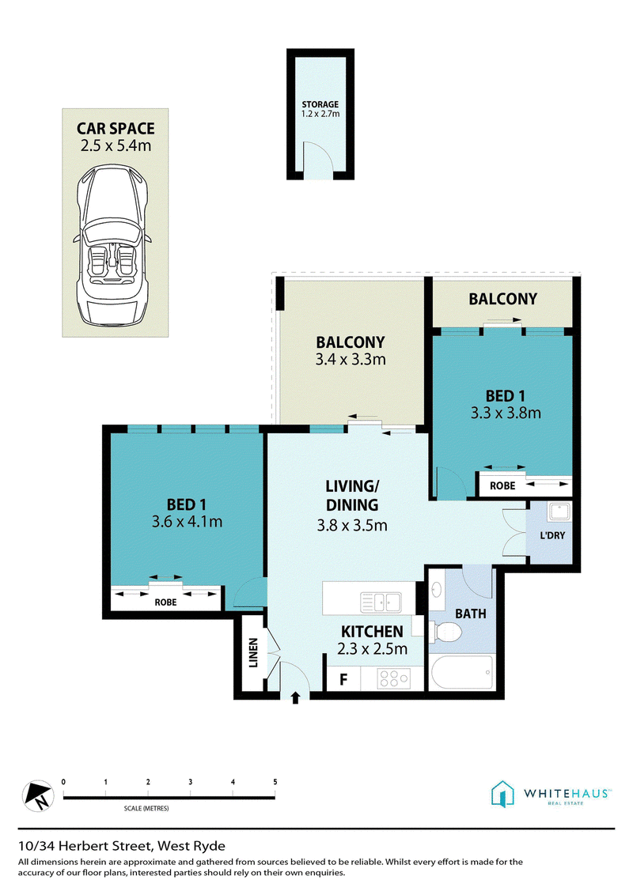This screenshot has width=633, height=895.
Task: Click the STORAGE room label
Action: pos(320,104)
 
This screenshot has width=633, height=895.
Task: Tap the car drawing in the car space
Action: pos(112,245)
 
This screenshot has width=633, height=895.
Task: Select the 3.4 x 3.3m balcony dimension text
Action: pos(351,360)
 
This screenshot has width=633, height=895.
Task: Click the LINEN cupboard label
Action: pos(253,652)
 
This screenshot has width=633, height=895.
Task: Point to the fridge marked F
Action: pos(343,679)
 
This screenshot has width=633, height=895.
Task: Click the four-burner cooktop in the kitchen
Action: pos(393,678)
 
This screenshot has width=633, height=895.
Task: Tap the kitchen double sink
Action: pos(381,602)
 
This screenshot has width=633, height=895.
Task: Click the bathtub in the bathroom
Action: pos(461,673)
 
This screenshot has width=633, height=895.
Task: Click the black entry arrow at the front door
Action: pos(295,697)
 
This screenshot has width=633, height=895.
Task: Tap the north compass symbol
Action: pos(38,795)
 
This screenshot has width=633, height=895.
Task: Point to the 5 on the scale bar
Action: pos(275,782)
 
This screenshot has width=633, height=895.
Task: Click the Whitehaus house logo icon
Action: pos(502,794)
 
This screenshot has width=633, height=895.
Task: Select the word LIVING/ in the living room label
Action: pos(352,486)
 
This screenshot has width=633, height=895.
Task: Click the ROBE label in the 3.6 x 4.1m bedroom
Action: pos(165,602)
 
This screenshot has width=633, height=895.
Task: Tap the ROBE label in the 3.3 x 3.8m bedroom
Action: pos(502,485)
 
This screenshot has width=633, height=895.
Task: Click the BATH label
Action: pos(471,614)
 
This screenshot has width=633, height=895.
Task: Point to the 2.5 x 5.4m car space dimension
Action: pos(116,145)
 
